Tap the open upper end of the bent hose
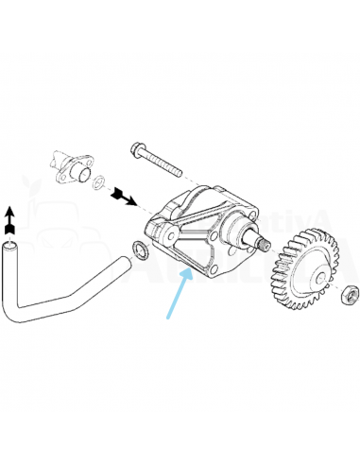click(10, 248)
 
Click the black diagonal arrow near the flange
click(122, 198)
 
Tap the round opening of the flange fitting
click(80, 173)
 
